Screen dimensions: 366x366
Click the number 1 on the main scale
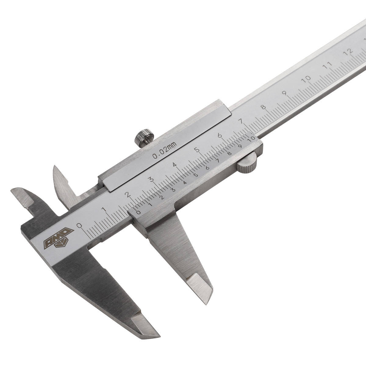point(104,210)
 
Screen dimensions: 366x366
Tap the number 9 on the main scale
point(284,93)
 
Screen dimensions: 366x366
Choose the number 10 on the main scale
point(307,78)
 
